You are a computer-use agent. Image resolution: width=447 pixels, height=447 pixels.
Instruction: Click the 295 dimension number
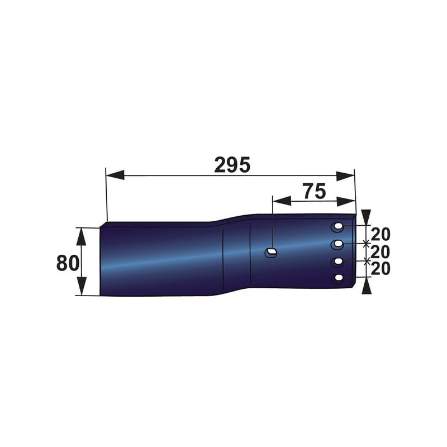coord(232,165)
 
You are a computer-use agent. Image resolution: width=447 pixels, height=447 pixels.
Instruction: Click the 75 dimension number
coord(315,191)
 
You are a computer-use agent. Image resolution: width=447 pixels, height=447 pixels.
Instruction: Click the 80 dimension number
coord(68,263)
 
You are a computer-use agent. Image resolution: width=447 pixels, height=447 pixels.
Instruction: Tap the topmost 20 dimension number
coord(381,234)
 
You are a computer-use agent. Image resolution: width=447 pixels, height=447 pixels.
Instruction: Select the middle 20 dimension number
coord(381,252)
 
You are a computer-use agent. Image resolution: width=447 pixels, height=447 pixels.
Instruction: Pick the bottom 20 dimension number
coord(381,269)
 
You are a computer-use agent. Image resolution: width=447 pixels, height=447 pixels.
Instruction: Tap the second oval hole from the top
coord(338,244)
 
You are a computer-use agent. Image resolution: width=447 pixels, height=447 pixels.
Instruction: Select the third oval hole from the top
coord(338,261)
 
